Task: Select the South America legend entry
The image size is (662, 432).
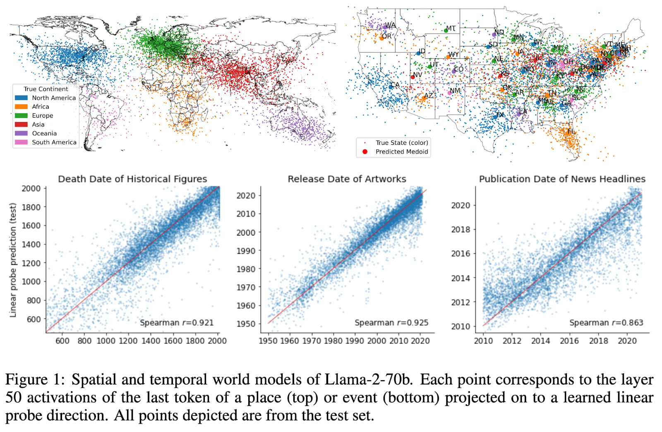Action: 54,142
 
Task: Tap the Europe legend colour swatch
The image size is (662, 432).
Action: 21,115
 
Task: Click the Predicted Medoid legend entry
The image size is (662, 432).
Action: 401,151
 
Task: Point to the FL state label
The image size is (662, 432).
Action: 571,131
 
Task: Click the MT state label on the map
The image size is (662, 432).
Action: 451,29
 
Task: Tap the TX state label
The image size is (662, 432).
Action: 500,115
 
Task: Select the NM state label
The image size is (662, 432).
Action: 455,91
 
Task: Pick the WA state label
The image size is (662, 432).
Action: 390,25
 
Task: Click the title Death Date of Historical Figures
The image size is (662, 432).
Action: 132,179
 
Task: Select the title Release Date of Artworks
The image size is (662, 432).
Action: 347,179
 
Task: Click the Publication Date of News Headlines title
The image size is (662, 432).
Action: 562,179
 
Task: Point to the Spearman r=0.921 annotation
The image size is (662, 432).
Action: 177,323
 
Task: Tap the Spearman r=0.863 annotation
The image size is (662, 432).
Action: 606,323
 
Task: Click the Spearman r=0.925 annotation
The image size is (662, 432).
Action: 391,323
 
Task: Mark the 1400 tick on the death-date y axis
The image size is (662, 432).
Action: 31,244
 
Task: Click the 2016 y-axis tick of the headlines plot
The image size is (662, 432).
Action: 461,253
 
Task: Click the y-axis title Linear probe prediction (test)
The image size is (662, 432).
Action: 13,260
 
